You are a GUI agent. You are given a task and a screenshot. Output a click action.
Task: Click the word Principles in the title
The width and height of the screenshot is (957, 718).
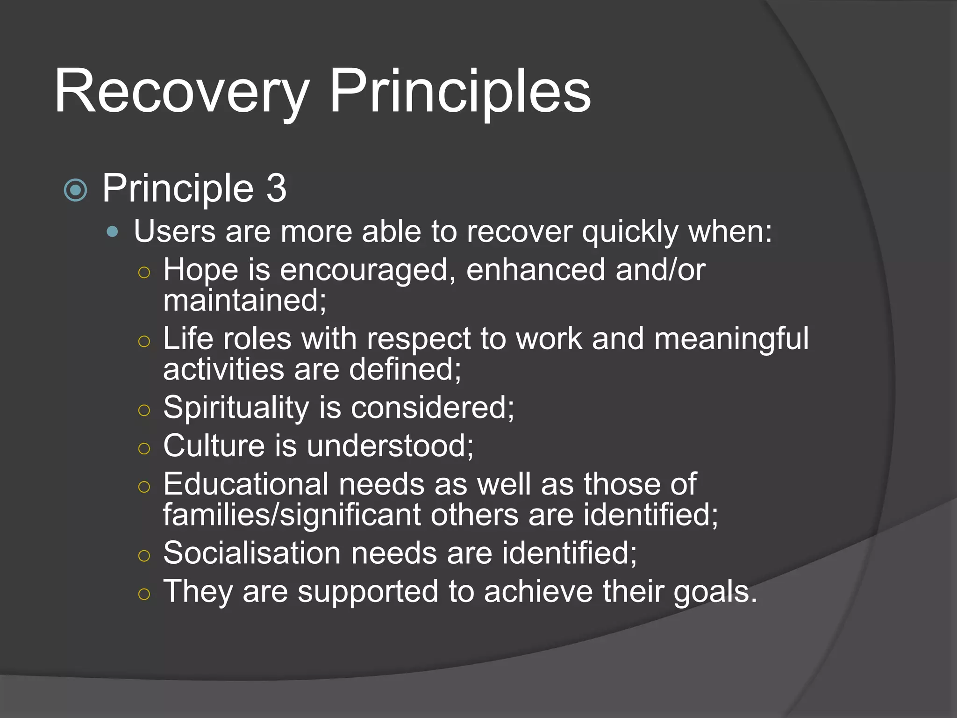pos(460,92)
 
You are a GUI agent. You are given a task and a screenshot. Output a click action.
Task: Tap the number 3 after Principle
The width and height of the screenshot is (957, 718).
pos(276,188)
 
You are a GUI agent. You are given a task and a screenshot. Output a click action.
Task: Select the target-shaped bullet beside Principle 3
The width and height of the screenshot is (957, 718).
pos(76,190)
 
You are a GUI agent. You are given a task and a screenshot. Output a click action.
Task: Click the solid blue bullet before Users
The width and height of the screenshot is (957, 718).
pos(112,231)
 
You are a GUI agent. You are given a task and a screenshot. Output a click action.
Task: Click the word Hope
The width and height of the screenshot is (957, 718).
pos(200,270)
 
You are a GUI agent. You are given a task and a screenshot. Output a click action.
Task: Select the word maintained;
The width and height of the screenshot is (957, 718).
pos(244,300)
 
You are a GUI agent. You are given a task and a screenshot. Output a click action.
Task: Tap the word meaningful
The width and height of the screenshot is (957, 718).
pos(731,338)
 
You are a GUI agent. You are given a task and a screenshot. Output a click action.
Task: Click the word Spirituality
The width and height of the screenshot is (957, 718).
pos(236,407)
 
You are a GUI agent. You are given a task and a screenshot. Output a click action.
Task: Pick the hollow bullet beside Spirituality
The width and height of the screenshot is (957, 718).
pos(144,410)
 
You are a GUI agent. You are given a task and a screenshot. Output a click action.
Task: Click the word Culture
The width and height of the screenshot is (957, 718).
pos(214,445)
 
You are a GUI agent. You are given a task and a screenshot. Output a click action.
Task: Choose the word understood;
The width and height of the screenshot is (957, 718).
pos(390,445)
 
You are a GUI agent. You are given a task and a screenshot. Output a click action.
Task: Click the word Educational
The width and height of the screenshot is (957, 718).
pos(246,484)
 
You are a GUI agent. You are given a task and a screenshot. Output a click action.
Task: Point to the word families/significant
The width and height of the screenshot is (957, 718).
pos(292,515)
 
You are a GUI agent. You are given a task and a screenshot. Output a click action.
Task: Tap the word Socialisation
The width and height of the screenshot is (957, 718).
pos(252,553)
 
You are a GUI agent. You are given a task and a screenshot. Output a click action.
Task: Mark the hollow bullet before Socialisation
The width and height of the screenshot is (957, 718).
pos(144,556)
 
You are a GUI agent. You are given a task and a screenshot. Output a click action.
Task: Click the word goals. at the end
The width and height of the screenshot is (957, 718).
pos(715,592)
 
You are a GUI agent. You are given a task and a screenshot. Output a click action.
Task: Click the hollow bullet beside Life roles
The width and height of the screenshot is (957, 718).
pos(144,342)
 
